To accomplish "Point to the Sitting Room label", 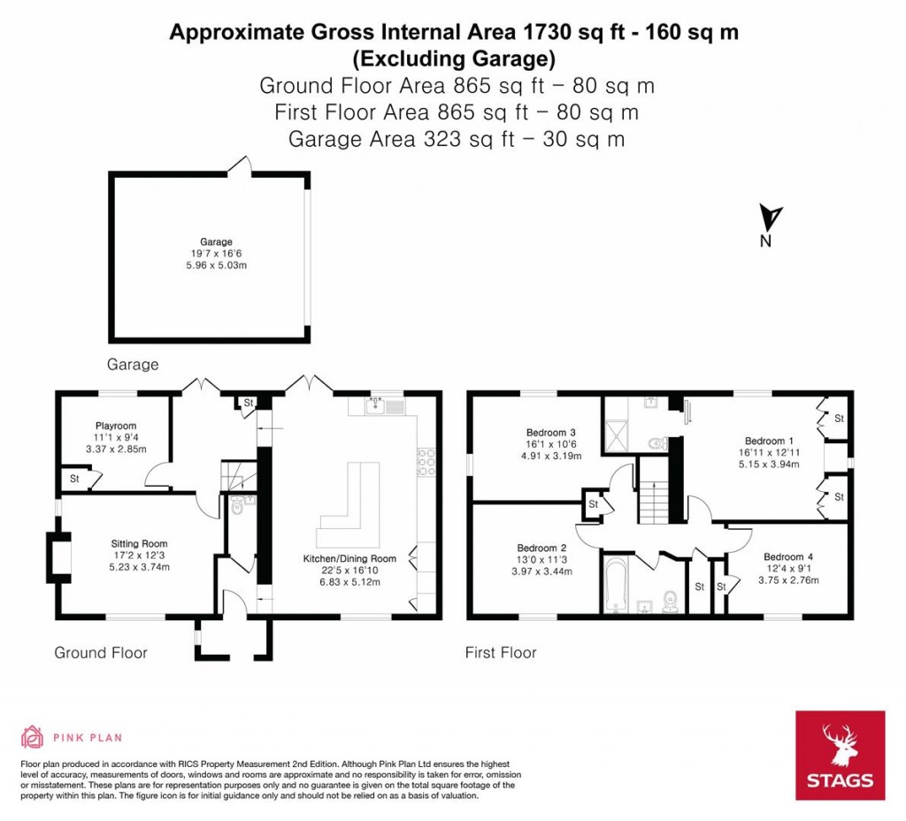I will point(139,543).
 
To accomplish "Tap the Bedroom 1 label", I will point(764,441).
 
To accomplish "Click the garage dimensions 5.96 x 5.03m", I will point(216,265).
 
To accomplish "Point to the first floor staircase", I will point(656,499).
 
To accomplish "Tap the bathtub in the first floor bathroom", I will point(614,585).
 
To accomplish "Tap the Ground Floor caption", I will point(101,653).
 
